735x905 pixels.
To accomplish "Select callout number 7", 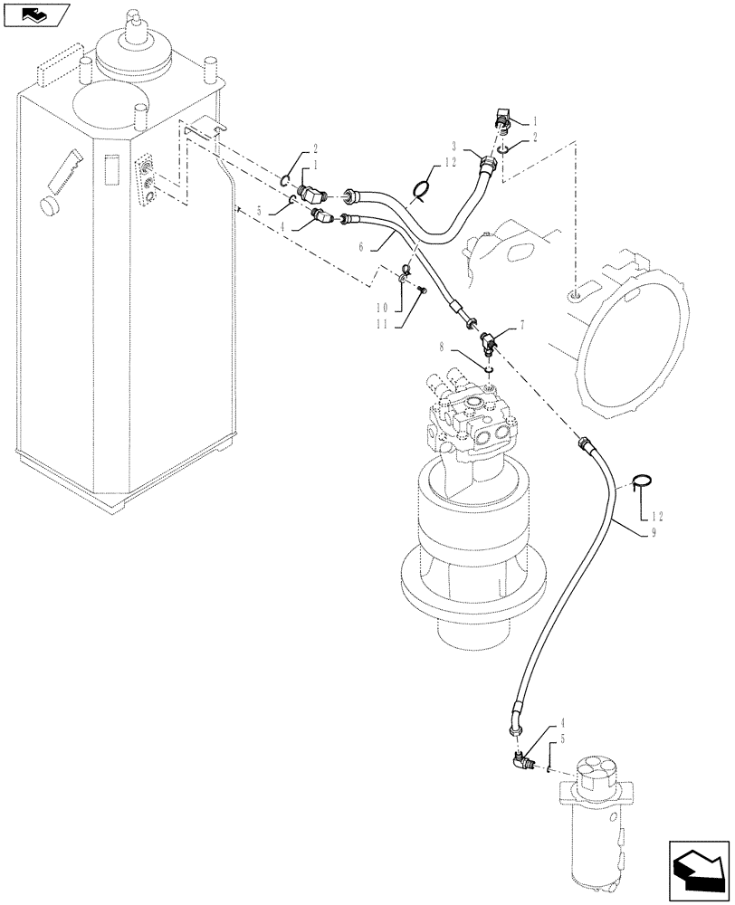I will point(523,325).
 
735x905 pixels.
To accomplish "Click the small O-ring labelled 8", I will point(488,367).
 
